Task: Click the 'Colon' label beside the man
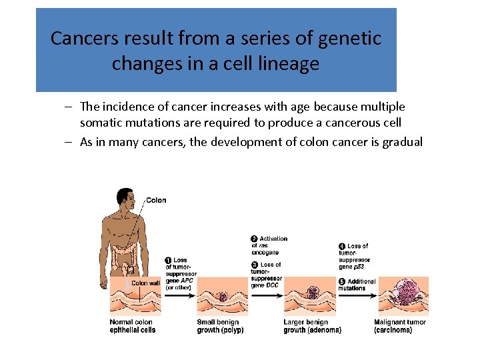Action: (x=156, y=200)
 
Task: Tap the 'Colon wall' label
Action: (x=145, y=283)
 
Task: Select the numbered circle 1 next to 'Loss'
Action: (x=169, y=260)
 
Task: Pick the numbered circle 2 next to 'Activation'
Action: (x=255, y=239)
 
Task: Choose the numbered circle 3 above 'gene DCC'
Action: (x=255, y=265)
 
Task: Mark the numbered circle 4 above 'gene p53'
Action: (x=342, y=246)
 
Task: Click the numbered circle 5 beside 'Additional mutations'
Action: (x=342, y=281)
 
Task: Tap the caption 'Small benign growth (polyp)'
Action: (x=220, y=326)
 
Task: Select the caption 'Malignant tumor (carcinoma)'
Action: (x=400, y=326)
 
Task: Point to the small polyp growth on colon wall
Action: (x=223, y=296)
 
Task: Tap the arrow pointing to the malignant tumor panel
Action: (x=361, y=298)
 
